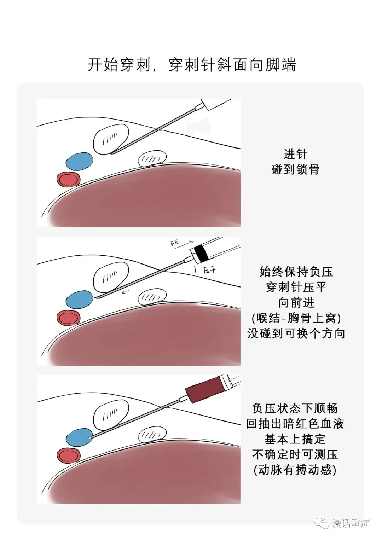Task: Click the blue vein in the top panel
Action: (x=80, y=161)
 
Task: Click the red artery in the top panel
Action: (x=69, y=179)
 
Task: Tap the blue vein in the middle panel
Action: (x=80, y=300)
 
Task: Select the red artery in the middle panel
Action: (x=69, y=318)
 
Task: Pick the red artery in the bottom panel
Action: (x=69, y=455)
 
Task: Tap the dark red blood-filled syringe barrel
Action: (x=203, y=390)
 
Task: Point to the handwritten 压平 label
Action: (x=209, y=271)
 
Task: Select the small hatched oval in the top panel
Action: (x=152, y=158)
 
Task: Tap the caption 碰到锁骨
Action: (x=295, y=169)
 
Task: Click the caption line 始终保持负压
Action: (x=296, y=272)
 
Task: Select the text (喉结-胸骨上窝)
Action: (x=296, y=318)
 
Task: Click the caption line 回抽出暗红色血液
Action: (x=295, y=424)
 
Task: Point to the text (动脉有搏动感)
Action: (x=295, y=470)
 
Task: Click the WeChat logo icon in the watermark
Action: (x=322, y=523)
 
